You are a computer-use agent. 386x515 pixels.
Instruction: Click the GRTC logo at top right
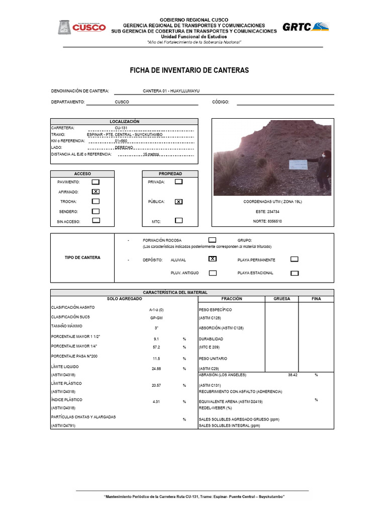coord(305,27)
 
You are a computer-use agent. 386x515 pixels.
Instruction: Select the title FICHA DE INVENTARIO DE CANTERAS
coord(189,70)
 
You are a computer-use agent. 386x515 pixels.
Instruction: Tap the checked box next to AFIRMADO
coord(95,192)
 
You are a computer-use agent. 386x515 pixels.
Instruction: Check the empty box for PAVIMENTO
coord(95,182)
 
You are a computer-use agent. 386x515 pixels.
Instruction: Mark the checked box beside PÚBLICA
coord(178,202)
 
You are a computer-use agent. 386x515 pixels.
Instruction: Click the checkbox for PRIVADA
coord(178,182)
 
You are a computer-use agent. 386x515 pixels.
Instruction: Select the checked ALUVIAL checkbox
coord(213,259)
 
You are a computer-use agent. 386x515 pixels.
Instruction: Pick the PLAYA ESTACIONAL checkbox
coord(295,273)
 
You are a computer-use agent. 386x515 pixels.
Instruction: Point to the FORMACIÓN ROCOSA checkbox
coord(212,240)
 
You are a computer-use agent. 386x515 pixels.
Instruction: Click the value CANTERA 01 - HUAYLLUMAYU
coord(171,91)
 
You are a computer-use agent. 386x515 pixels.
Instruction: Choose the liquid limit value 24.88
coord(157,369)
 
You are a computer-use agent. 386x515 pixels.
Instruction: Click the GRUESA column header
coord(281,299)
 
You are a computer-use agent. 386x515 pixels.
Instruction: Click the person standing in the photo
coord(323,169)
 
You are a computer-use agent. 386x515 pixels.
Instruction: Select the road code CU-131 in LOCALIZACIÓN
coord(121,128)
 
